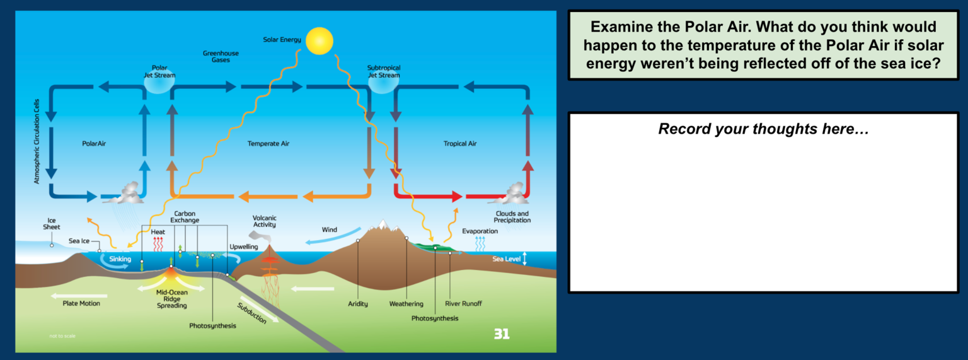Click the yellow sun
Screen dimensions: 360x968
[x=318, y=40]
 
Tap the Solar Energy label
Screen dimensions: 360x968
[x=282, y=40]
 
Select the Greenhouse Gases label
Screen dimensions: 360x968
[x=221, y=57]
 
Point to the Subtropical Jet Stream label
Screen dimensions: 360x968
[x=383, y=71]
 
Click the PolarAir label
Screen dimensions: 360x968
[x=94, y=144]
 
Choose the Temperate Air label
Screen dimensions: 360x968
[x=268, y=144]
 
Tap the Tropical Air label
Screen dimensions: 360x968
[x=460, y=144]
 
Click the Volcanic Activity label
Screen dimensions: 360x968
[x=264, y=222]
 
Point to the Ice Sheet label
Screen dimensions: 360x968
[x=52, y=224]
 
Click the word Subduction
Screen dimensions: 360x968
[x=251, y=313]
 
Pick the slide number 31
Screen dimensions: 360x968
[x=501, y=334]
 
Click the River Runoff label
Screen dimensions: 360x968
[x=463, y=303]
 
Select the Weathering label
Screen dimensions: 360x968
[x=406, y=304]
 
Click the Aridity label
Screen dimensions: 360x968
[x=358, y=304]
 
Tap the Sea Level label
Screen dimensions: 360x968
[x=506, y=258]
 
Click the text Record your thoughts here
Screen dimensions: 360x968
[x=763, y=130]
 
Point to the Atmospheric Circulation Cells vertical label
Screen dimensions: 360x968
[x=37, y=141]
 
